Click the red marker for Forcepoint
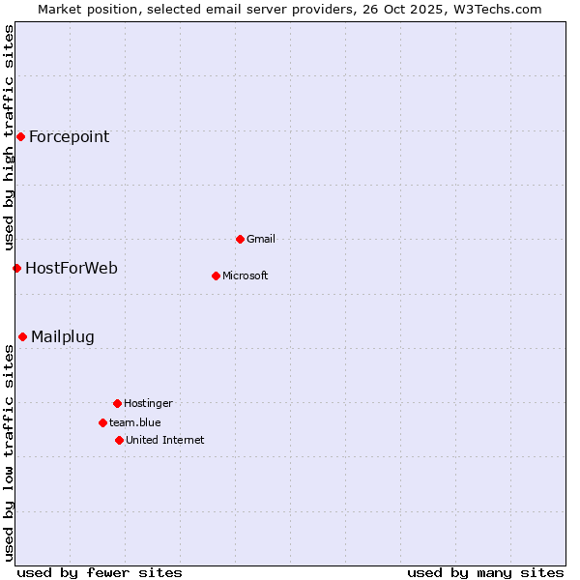[20, 136]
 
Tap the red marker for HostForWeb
[16, 268]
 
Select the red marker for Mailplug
[22, 336]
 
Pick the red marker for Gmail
[240, 239]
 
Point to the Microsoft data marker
[216, 275]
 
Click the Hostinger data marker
[117, 403]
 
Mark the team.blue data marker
[102, 422]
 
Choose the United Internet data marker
[119, 440]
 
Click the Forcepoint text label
[69, 136]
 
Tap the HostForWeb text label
[72, 268]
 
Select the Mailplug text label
[63, 336]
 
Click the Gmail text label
[261, 239]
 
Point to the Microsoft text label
[246, 275]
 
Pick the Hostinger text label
[148, 403]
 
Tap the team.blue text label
[135, 422]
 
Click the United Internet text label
[165, 440]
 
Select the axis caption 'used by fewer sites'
[100, 572]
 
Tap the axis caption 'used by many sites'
[485, 572]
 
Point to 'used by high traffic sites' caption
[9, 138]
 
